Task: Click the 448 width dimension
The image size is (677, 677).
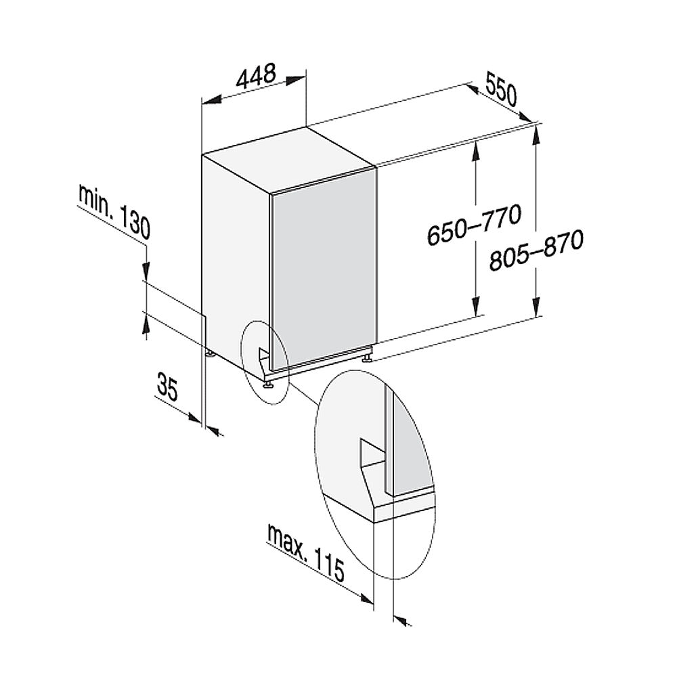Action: [x=256, y=77]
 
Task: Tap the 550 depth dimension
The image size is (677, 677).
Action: [x=501, y=89]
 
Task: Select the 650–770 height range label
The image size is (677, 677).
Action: [x=474, y=225]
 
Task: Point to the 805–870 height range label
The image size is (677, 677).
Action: [x=536, y=250]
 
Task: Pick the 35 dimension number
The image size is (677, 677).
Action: [x=167, y=387]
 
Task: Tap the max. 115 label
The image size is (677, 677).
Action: [x=307, y=553]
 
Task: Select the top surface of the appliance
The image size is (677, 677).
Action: [x=288, y=159]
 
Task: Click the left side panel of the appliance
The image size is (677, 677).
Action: [x=236, y=263]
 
